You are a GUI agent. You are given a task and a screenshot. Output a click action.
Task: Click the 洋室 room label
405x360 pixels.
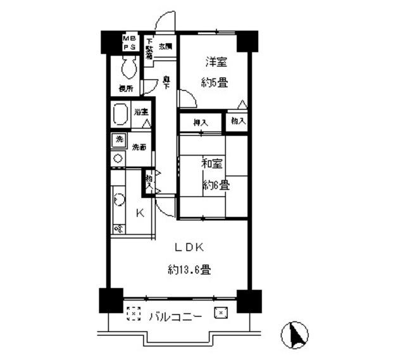click(x=216, y=62)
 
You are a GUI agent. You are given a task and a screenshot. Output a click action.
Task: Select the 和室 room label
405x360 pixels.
click(x=211, y=164)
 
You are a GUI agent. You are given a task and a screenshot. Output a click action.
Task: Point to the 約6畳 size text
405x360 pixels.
click(x=216, y=185)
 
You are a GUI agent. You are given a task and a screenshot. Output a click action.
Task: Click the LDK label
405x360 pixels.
click(x=189, y=247)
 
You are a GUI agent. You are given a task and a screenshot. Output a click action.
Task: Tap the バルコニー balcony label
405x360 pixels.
click(x=176, y=316)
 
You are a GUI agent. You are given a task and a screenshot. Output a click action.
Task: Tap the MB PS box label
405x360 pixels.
click(x=129, y=42)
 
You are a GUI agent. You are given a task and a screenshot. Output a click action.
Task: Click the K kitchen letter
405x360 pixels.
click(x=140, y=213)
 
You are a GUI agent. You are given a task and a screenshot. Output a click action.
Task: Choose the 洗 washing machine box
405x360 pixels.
click(x=118, y=140)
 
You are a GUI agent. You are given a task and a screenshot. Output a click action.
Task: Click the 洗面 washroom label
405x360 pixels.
click(x=139, y=147)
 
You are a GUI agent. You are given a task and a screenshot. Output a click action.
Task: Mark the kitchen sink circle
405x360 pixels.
click(x=118, y=200)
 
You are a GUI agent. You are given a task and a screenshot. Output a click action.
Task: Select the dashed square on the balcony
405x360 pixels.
click(x=132, y=313)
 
